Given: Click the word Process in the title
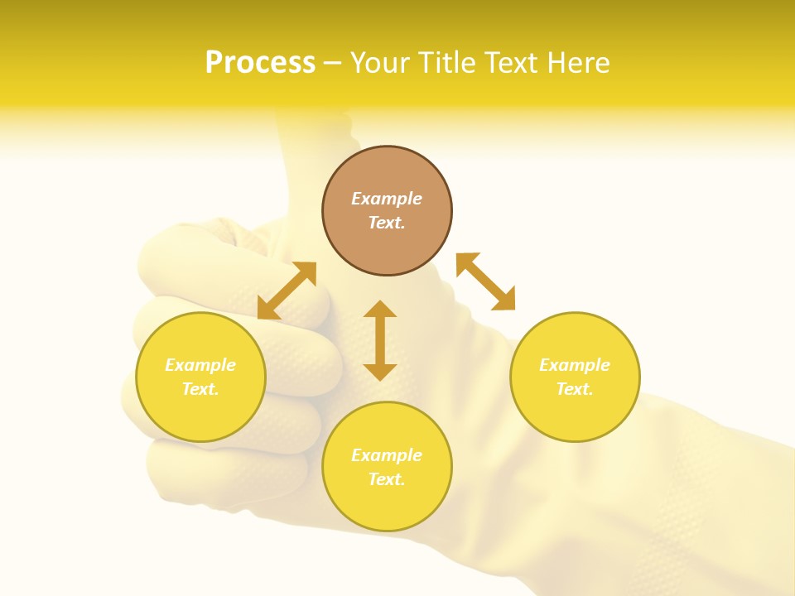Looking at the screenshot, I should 260,63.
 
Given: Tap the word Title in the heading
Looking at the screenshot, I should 450,63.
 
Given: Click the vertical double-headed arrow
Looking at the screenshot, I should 380,340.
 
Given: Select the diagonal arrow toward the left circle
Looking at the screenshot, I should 287,291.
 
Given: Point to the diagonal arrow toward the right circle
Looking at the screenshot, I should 486,281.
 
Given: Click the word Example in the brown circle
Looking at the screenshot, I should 387,199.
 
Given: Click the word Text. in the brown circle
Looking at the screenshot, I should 387,223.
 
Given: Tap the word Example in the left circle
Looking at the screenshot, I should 200,365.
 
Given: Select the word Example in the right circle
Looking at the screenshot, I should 575,365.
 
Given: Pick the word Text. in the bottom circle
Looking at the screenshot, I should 387,479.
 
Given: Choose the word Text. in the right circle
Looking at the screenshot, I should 575,389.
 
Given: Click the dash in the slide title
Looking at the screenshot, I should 333,63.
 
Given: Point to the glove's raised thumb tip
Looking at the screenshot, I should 298,124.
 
